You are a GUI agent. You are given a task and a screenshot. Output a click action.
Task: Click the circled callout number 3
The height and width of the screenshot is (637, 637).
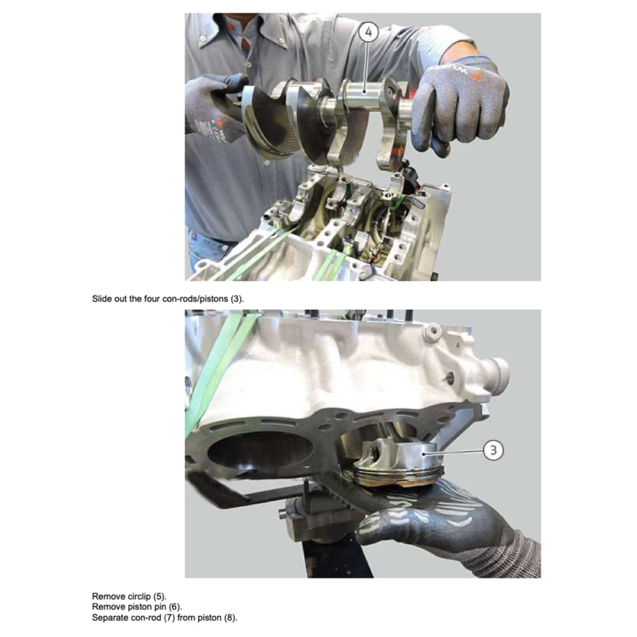[x=493, y=450]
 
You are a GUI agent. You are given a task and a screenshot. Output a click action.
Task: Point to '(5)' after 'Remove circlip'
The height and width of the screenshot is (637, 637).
[x=160, y=596]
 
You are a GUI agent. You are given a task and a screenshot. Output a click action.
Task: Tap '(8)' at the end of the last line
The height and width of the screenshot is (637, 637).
[x=230, y=618]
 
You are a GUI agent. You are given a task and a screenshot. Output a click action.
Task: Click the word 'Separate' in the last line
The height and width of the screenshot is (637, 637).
[x=109, y=618]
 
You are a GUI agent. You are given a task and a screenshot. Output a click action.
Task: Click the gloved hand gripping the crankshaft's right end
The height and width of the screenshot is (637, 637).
[x=457, y=103]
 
